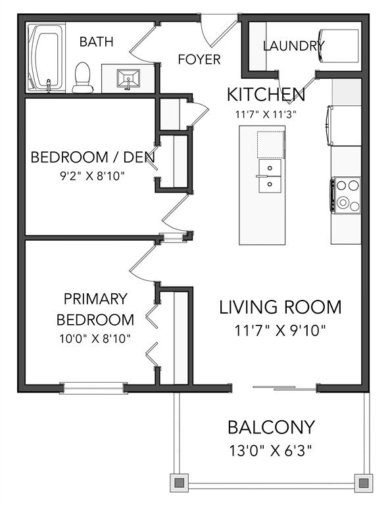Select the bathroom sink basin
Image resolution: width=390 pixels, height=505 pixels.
(x=128, y=78)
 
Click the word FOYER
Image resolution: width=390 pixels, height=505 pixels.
(x=199, y=59)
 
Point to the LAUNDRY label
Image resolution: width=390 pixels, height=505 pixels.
(x=294, y=46)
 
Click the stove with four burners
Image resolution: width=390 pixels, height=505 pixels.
(x=346, y=195)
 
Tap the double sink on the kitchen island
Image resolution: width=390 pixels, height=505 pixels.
(x=270, y=176)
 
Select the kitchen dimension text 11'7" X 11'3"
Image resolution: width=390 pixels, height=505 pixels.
(x=266, y=114)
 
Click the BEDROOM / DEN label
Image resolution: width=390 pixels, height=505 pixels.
(x=93, y=157)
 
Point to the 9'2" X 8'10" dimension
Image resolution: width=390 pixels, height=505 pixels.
(x=93, y=176)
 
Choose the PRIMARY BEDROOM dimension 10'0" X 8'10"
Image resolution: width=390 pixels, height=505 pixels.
(x=95, y=339)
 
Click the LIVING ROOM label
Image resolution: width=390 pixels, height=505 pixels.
(x=280, y=307)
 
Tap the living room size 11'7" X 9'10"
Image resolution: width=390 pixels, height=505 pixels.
(x=280, y=331)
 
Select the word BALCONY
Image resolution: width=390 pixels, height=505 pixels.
(x=271, y=427)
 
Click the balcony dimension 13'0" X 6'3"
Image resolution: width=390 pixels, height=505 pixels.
(x=271, y=450)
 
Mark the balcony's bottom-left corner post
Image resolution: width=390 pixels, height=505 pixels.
(x=179, y=483)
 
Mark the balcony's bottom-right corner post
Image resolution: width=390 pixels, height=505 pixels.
(x=363, y=483)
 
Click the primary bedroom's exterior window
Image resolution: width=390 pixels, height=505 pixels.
(x=93, y=388)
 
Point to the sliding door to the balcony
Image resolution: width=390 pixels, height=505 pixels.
(x=284, y=388)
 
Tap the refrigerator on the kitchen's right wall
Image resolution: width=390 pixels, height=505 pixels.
(x=344, y=126)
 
